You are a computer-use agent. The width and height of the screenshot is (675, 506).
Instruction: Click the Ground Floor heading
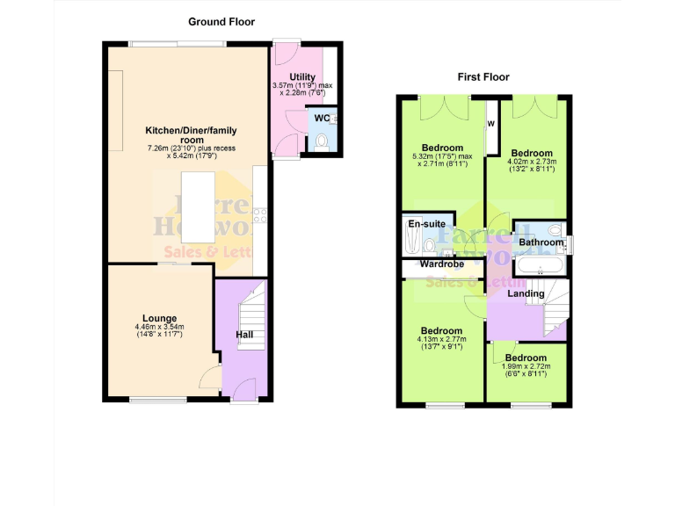point(221,22)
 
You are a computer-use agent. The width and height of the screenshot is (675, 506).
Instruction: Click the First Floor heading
point(483,77)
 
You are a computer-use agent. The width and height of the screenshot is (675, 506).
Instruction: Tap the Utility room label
point(290,77)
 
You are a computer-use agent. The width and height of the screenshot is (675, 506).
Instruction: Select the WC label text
point(321,118)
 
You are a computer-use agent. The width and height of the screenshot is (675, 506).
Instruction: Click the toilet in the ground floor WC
point(322,141)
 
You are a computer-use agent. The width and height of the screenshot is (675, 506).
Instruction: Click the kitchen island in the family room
point(199,206)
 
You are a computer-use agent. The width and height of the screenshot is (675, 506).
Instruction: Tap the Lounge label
point(160,318)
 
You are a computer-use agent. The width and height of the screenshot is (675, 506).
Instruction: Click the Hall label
point(244,336)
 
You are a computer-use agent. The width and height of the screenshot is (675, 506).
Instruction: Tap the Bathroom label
point(540,242)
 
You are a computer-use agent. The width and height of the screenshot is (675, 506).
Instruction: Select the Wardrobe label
point(441,264)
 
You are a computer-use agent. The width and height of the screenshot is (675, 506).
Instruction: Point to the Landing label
point(526,293)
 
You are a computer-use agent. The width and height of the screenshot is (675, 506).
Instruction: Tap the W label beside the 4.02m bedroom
point(491,124)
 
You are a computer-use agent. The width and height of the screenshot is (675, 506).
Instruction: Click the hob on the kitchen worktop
point(259,213)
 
